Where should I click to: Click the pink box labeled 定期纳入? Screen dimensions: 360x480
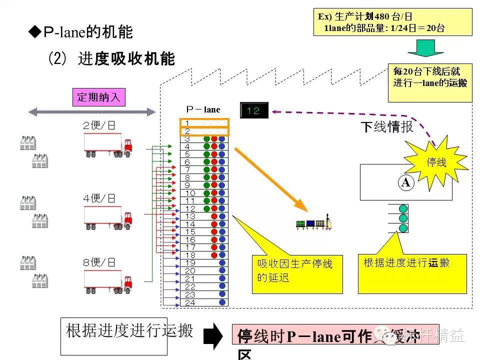(99, 96)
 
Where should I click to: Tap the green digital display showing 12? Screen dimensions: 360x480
(254, 110)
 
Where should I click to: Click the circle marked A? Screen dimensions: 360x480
(405, 183)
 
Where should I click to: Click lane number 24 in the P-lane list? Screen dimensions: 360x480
(190, 302)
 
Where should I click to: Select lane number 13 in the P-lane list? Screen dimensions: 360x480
(190, 216)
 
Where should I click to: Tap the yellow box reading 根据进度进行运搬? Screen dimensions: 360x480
(411, 273)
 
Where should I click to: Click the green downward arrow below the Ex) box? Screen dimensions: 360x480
(425, 48)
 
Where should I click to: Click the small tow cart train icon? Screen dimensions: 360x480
(314, 223)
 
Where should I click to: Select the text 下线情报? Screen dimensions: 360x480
(387, 127)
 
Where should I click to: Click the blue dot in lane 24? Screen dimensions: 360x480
(222, 302)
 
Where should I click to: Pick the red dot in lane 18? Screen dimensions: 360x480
(214, 255)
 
